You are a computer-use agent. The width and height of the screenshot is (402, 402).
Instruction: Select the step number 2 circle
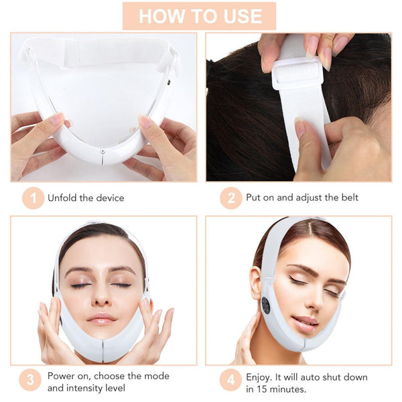tap(230, 198)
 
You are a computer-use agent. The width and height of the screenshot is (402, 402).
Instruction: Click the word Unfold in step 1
tap(62, 198)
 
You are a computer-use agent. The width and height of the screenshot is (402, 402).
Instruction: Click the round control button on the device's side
tap(267, 305)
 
